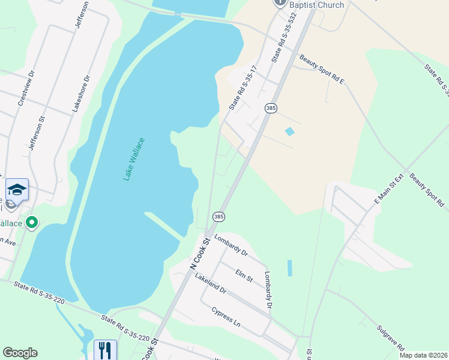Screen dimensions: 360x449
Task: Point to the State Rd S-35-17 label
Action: pyautogui.click(x=243, y=88)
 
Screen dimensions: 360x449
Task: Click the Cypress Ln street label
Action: pyautogui.click(x=226, y=317)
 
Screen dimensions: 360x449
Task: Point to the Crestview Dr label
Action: pyautogui.click(x=26, y=89)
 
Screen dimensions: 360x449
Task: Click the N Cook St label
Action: pyautogui.click(x=200, y=253)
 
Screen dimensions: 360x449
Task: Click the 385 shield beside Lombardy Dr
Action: pyautogui.click(x=218, y=216)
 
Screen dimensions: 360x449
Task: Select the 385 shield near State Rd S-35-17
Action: pyautogui.click(x=270, y=107)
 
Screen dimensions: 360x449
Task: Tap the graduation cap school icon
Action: pyautogui.click(x=17, y=190)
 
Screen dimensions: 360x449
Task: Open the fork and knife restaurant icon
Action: pyautogui.click(x=105, y=349)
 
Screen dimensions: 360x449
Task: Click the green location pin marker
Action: pyautogui.click(x=32, y=223)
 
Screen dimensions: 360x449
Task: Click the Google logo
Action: pyautogui.click(x=20, y=353)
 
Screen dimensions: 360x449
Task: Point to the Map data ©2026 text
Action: pyautogui.click(x=423, y=355)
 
